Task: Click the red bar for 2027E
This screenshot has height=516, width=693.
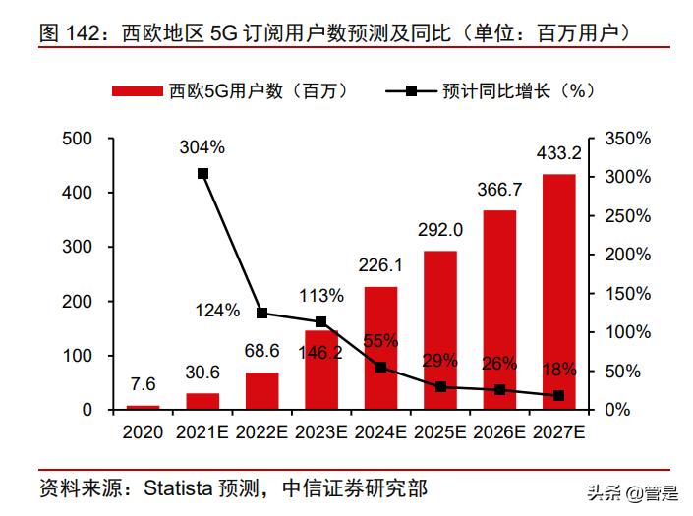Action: point(558,291)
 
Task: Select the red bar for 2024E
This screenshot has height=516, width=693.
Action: point(380,348)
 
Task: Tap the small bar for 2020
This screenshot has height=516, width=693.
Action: point(143,406)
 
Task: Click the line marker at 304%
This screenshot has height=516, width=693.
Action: point(202,174)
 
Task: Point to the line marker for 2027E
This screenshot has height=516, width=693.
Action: point(558,395)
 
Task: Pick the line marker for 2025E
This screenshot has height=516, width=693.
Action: point(440,386)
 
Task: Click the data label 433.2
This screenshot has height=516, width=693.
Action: point(558,153)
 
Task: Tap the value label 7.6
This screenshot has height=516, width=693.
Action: point(143,383)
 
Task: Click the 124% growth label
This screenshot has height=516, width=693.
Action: point(217,311)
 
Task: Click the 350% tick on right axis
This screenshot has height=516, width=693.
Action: point(627,140)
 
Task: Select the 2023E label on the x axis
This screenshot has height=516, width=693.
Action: point(321,431)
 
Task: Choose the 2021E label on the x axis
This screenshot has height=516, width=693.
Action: point(202,431)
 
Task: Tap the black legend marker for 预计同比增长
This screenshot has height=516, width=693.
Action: point(411,91)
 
